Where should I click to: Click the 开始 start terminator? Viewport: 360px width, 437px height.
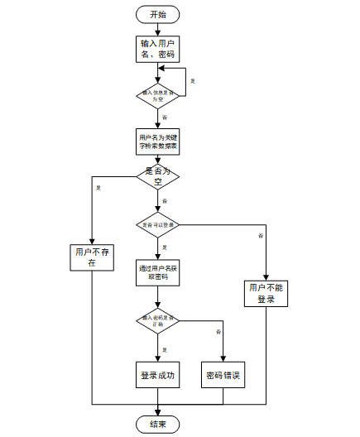pyautogui.click(x=157, y=14)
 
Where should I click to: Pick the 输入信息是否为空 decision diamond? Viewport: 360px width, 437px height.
pyautogui.click(x=157, y=95)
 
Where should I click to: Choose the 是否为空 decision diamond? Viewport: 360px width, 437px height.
pyautogui.click(x=157, y=175)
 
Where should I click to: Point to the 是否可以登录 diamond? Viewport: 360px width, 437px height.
pyautogui.click(x=157, y=224)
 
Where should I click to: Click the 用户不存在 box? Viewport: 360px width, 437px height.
pyautogui.click(x=92, y=257)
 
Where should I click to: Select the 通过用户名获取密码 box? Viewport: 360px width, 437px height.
pyautogui.click(x=157, y=271)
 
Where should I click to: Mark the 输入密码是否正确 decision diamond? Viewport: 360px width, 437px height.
pyautogui.click(x=157, y=319)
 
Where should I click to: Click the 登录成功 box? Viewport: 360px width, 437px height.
pyautogui.click(x=157, y=375)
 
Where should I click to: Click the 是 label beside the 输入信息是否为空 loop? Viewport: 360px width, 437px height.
pyautogui.click(x=193, y=80)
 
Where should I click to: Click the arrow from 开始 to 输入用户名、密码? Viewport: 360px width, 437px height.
pyautogui.click(x=157, y=29)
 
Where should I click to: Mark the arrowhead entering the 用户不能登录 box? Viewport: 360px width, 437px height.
pyautogui.click(x=266, y=277)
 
